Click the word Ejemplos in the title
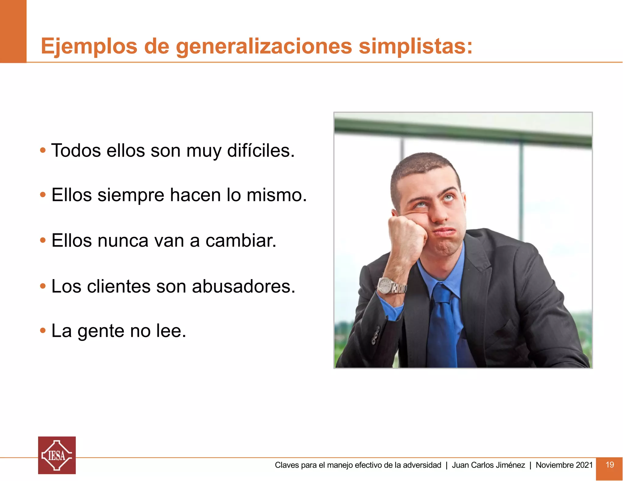[89, 47]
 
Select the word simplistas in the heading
[416, 47]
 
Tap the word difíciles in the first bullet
[261, 151]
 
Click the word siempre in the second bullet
[131, 195]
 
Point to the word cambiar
[241, 240]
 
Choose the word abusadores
[243, 286]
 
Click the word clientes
[119, 286]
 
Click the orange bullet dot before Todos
[43, 150]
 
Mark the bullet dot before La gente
[43, 330]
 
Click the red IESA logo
[57, 455]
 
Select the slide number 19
[610, 465]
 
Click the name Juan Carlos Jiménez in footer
[488, 465]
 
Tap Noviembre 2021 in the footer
[564, 465]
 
